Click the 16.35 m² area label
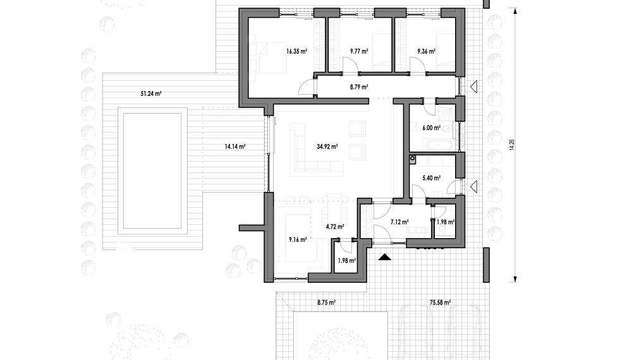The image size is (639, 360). point(296,51)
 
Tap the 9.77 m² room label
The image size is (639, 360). point(359,51)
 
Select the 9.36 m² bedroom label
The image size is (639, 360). point(426,51)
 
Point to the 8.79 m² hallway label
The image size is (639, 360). point(359,87)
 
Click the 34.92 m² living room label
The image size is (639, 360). point(327,147)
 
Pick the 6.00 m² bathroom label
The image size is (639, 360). point(431,128)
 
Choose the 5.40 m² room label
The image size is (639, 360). point(431,178)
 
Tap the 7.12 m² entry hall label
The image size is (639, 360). point(399,222)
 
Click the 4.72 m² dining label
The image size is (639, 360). point(335,227)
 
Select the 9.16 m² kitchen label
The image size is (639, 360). point(298,240)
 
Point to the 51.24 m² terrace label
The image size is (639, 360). point(151,93)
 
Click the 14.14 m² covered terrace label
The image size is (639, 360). point(234,147)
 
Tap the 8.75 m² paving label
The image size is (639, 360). point(326,303)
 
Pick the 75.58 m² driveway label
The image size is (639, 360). point(440,303)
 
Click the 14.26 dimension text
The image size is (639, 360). point(512,145)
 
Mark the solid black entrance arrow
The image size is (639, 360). point(385,257)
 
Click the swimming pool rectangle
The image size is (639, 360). point(152,171)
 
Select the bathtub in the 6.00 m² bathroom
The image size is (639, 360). point(438,145)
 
